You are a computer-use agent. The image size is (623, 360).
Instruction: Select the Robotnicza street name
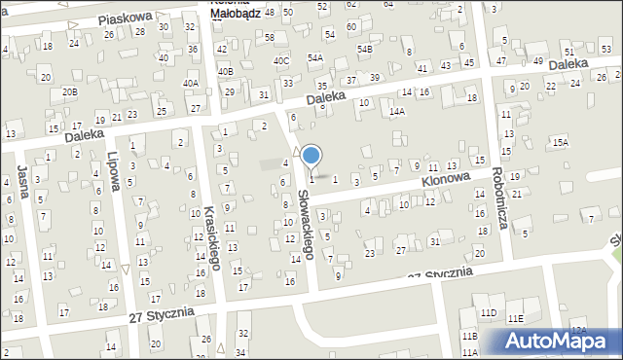coord(500,194)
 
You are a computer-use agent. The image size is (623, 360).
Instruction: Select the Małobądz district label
coord(234,13)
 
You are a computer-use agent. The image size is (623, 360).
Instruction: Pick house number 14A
coord(397,112)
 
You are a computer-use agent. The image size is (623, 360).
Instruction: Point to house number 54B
coord(364,49)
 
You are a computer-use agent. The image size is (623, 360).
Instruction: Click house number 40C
coord(281,61)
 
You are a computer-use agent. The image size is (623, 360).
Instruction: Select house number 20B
coord(70,91)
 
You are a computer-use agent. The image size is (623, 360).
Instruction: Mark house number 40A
coord(191,84)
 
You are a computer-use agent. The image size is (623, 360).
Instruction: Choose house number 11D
coord(488,312)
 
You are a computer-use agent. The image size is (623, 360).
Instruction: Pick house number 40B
coord(225,71)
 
